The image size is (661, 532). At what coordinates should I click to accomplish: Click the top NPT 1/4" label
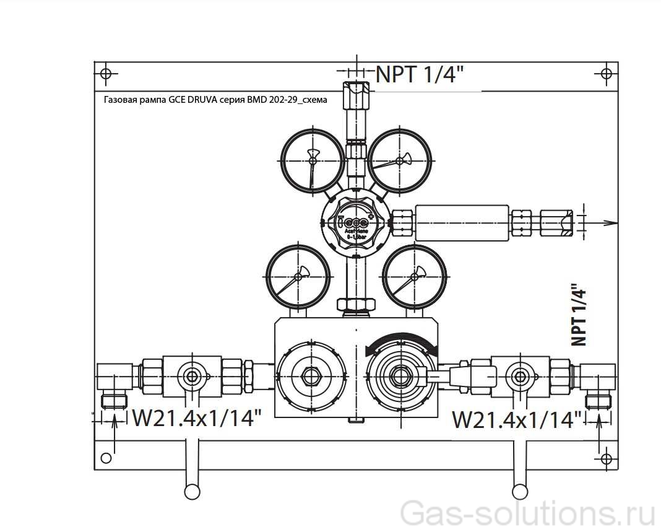pyautogui.click(x=420, y=74)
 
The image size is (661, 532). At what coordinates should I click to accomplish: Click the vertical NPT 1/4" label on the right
pyautogui.click(x=578, y=315)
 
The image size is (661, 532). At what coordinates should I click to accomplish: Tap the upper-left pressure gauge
pyautogui.click(x=312, y=160)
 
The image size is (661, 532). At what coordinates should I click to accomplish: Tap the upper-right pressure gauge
pyautogui.click(x=400, y=160)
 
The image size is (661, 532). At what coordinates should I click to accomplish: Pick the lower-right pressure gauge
pyautogui.click(x=414, y=277)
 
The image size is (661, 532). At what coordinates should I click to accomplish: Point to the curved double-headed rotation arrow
pyautogui.click(x=402, y=342)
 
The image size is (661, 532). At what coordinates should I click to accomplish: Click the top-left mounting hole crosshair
pyautogui.click(x=106, y=74)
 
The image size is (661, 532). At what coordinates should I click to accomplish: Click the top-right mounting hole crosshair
pyautogui.click(x=607, y=74)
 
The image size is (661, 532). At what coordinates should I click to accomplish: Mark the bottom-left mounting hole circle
pyautogui.click(x=106, y=458)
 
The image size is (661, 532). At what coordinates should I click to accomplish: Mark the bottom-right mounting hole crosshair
pyautogui.click(x=606, y=458)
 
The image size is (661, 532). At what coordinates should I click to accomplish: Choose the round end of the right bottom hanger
pyautogui.click(x=521, y=491)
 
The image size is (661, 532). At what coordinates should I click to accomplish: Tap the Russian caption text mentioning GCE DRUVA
pyautogui.click(x=215, y=99)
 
